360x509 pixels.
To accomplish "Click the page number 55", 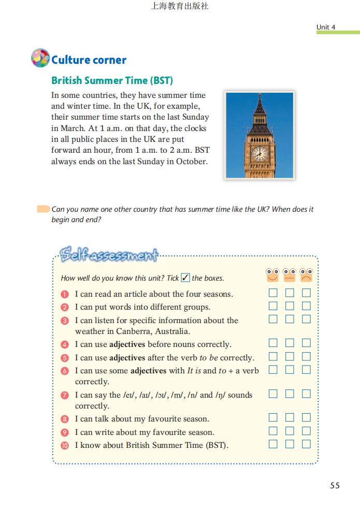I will click(x=335, y=485).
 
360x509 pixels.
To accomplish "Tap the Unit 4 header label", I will click(x=326, y=27).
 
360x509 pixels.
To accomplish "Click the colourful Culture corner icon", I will click(x=40, y=58).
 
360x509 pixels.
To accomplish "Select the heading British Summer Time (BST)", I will click(x=112, y=81).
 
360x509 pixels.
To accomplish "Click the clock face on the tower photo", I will click(x=259, y=154).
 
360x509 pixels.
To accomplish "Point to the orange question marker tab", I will click(x=43, y=210).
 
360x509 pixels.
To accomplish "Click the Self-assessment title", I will click(x=108, y=255).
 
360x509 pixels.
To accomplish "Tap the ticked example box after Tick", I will click(x=185, y=278).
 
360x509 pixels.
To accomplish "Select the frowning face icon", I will click(x=307, y=275).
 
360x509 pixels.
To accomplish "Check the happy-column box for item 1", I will click(x=273, y=293).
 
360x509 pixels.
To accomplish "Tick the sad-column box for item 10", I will click(x=307, y=444).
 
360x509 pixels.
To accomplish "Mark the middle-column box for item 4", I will click(x=290, y=343).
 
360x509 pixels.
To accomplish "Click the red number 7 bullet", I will click(x=65, y=395).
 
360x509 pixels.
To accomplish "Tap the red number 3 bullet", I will click(x=65, y=321).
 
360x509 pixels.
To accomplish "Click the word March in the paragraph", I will click(x=64, y=128).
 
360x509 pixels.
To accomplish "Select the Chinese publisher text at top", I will click(x=180, y=7).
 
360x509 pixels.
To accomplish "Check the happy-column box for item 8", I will click(x=273, y=417).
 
